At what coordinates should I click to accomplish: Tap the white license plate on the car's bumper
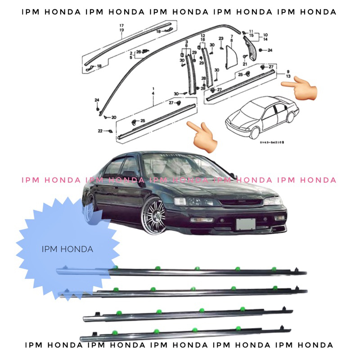246,224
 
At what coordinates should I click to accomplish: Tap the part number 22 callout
100,130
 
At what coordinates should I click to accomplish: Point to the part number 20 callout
113,117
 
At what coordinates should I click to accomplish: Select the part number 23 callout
221,38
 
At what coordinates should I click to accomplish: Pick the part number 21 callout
245,64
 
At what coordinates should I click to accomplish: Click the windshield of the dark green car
180,166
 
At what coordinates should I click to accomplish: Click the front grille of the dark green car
238,203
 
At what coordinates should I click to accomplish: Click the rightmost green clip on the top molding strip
274,269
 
